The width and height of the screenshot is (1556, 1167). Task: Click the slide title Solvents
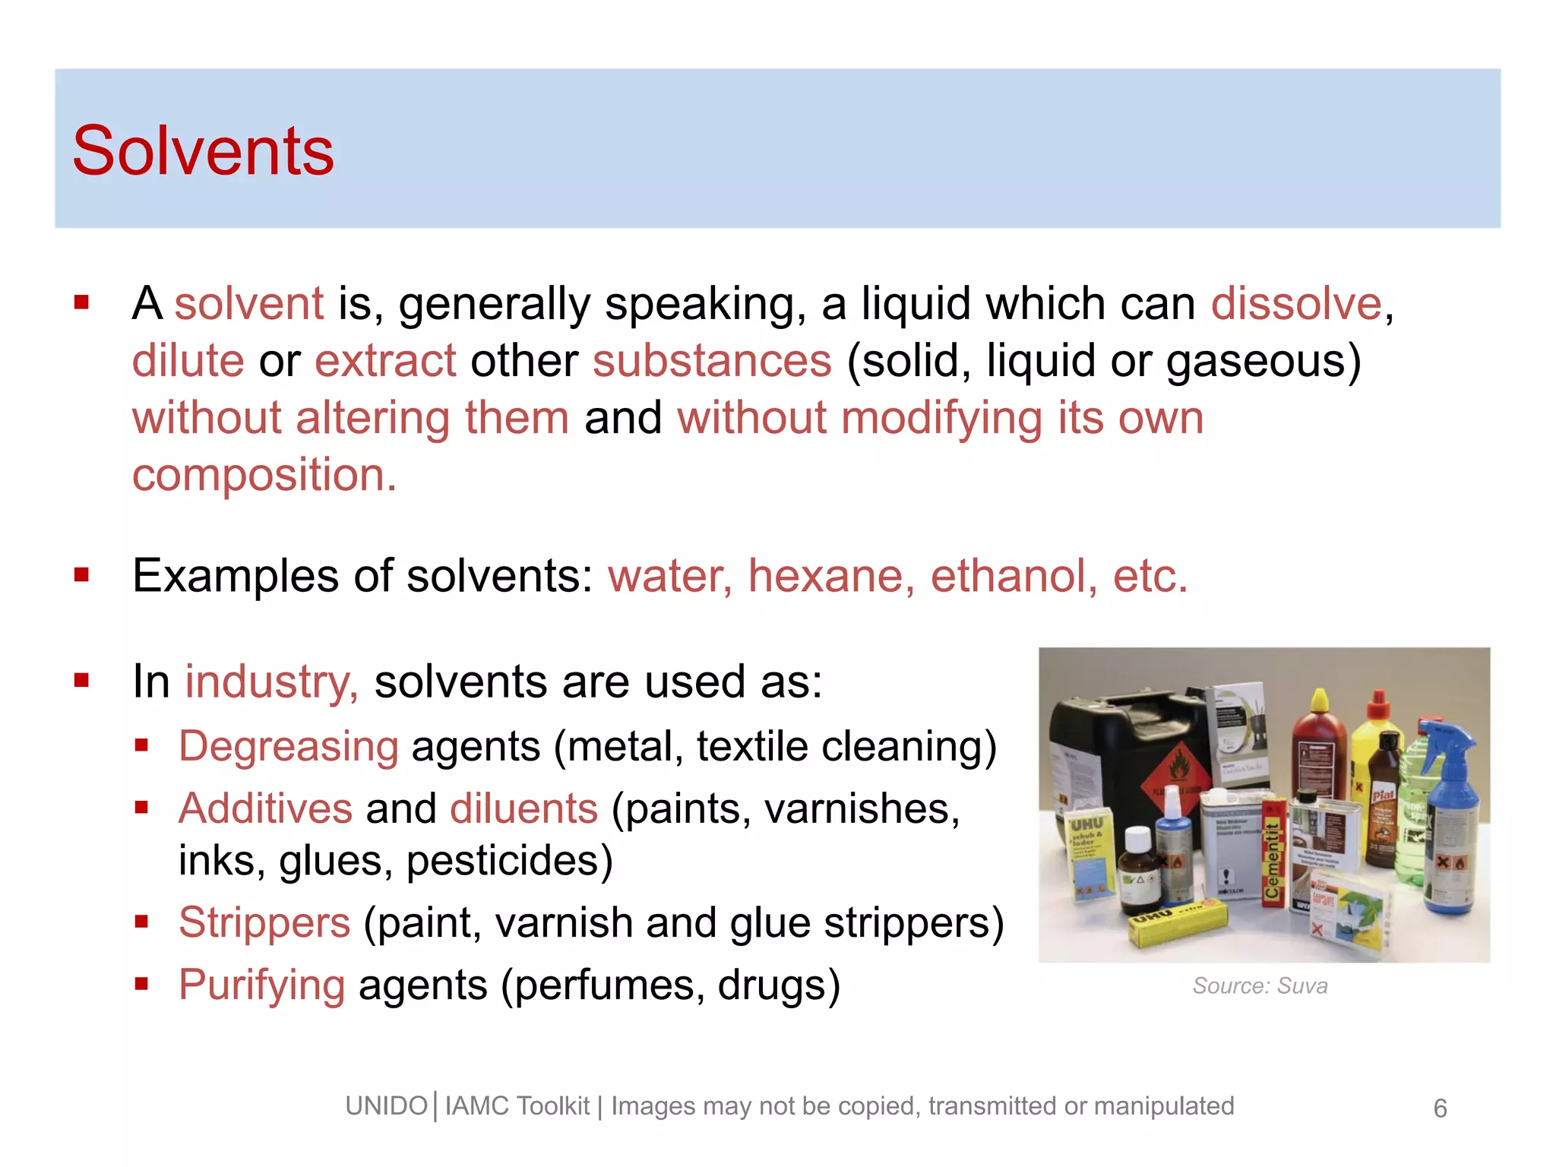tap(203, 151)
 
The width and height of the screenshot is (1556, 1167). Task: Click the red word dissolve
tap(1295, 304)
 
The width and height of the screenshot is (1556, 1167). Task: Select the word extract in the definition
tap(385, 361)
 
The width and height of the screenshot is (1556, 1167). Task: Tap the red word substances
tap(712, 361)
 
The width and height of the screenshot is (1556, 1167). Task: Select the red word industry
tap(270, 682)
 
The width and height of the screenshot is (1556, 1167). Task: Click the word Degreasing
tap(288, 747)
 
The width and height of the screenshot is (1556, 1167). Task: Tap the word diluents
tap(523, 808)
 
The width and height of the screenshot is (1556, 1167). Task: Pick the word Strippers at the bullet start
tap(264, 923)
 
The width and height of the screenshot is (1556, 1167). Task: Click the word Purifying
tap(261, 985)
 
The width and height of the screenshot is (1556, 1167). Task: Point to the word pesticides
tap(509, 861)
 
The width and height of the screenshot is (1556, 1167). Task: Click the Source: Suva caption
tap(1260, 986)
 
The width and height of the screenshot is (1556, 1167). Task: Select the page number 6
tap(1440, 1108)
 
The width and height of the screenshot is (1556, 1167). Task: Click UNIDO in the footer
tap(386, 1106)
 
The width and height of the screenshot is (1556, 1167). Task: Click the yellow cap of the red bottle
tap(1320, 701)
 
